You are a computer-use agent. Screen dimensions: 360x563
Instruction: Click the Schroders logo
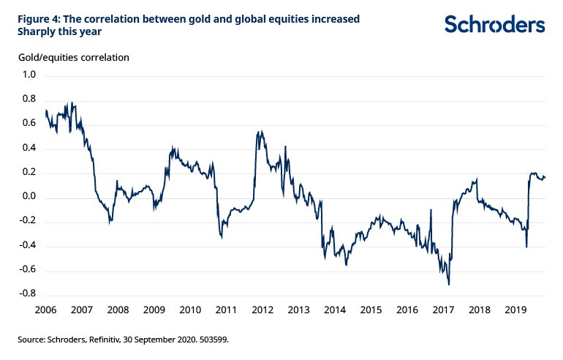(495, 24)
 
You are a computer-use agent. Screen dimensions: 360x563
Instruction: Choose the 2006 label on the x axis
(45, 310)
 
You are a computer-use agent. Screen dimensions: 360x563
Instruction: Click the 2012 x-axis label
(262, 310)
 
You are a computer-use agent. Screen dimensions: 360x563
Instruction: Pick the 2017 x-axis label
(443, 310)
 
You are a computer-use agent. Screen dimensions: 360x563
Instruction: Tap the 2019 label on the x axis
(515, 310)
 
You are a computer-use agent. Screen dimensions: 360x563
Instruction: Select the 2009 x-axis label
(154, 310)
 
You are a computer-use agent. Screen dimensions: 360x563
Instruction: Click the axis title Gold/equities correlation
(69, 57)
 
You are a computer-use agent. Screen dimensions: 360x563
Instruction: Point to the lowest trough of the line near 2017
(449, 285)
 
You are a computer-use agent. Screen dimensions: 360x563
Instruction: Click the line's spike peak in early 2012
(260, 132)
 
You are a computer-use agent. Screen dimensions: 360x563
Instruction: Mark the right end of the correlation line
(545, 176)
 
